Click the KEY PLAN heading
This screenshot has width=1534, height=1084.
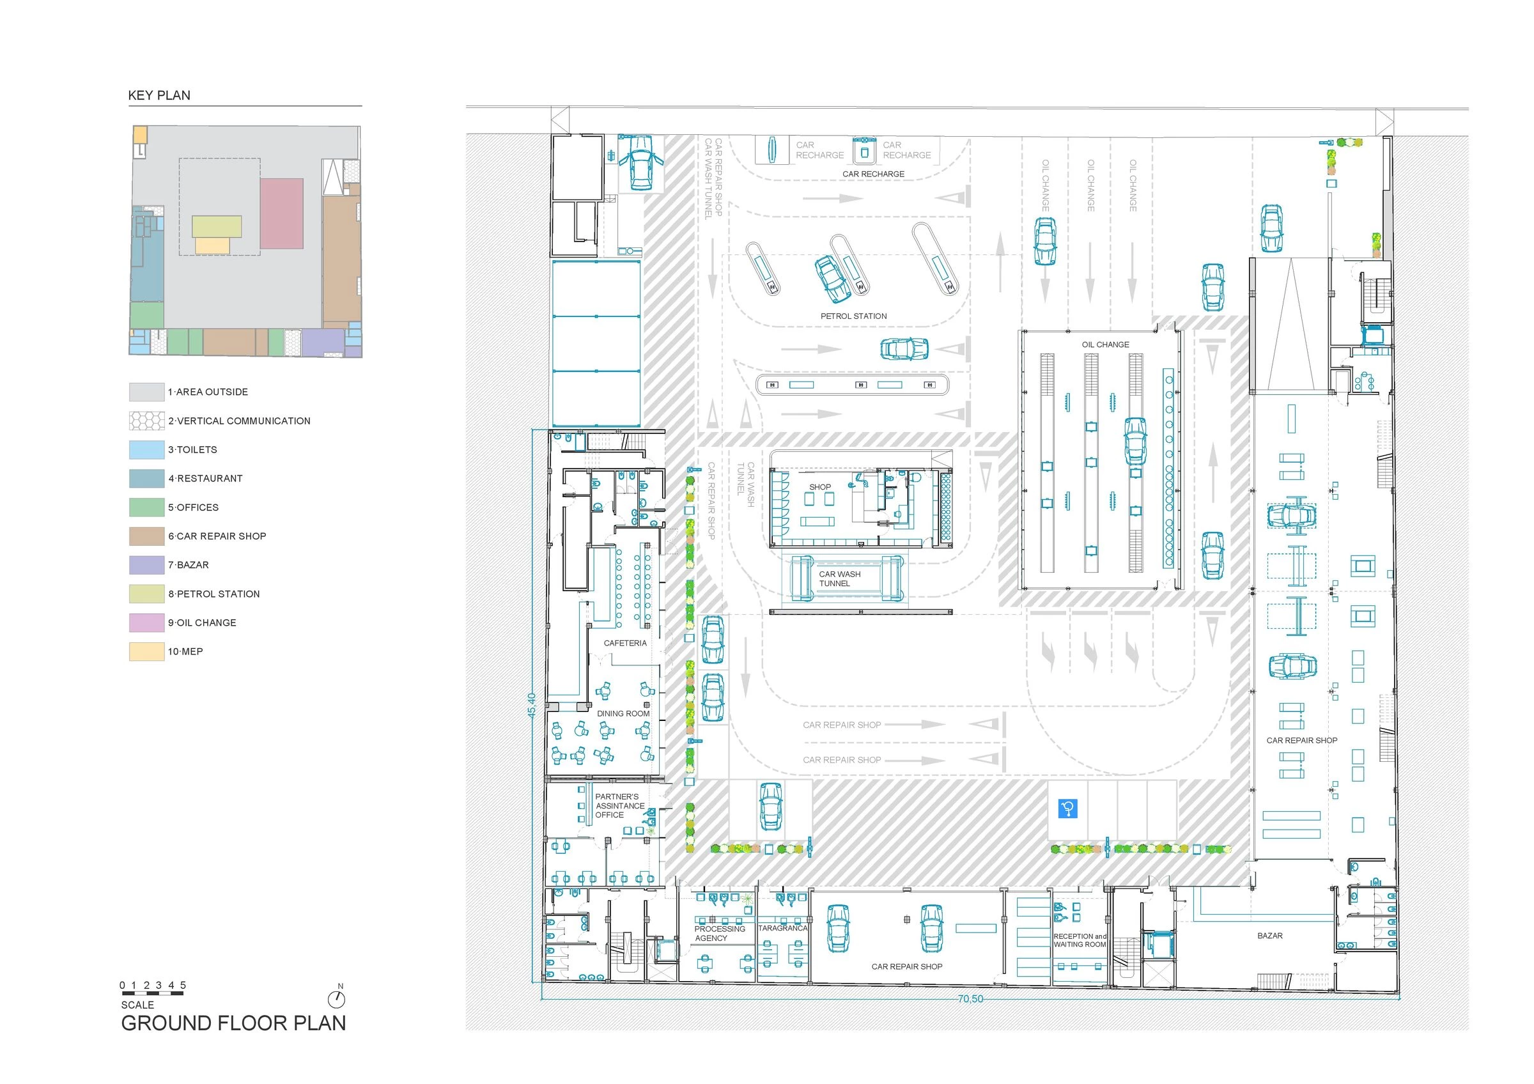pyautogui.click(x=159, y=95)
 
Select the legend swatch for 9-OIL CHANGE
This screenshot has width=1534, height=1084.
pyautogui.click(x=146, y=623)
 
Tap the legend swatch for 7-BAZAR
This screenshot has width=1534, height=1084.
pyautogui.click(x=146, y=565)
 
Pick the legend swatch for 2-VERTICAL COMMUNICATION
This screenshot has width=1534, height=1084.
pyautogui.click(x=146, y=421)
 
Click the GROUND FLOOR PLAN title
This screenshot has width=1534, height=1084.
pyautogui.click(x=233, y=1023)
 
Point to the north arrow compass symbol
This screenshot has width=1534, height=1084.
pyautogui.click(x=336, y=998)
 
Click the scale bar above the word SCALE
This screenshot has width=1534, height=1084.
pyautogui.click(x=152, y=994)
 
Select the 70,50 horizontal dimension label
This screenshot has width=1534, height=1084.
pyautogui.click(x=970, y=999)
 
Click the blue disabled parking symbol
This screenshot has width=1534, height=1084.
pyautogui.click(x=1067, y=809)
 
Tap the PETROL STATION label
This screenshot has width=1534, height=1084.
pyautogui.click(x=853, y=316)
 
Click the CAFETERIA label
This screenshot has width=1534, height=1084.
pyautogui.click(x=624, y=643)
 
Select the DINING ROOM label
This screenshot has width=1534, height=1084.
pyautogui.click(x=623, y=713)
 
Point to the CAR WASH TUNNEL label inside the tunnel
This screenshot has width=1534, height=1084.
pyautogui.click(x=839, y=578)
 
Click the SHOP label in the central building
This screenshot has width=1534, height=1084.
pyautogui.click(x=820, y=487)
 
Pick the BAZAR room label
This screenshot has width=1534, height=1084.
pyautogui.click(x=1269, y=936)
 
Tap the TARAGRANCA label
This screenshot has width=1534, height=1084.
pyautogui.click(x=782, y=929)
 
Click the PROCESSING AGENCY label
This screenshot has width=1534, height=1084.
pyautogui.click(x=719, y=933)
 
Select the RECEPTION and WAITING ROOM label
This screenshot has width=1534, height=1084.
pyautogui.click(x=1080, y=940)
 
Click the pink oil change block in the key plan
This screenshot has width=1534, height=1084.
pyautogui.click(x=281, y=213)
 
